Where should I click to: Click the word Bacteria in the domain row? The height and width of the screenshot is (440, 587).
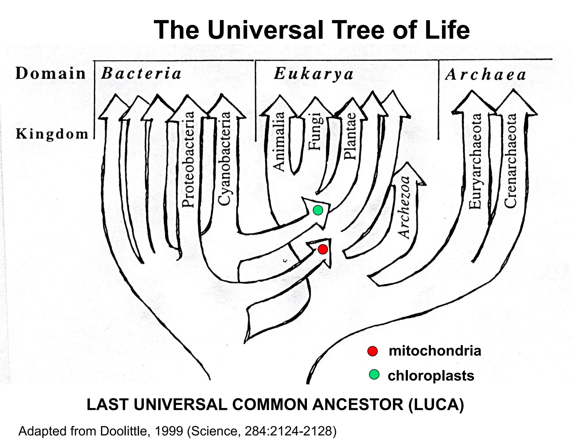(141, 74)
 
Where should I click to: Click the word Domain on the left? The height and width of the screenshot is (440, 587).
(50, 73)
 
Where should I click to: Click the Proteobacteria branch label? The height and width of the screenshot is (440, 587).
(189, 159)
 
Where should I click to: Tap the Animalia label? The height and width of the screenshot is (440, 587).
(278, 142)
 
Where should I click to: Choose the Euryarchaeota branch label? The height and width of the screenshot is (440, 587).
(475, 161)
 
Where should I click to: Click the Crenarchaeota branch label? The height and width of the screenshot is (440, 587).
(510, 160)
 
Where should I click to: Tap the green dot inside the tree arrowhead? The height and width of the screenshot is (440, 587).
(318, 211)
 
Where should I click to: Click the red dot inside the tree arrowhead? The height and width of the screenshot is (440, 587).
(323, 250)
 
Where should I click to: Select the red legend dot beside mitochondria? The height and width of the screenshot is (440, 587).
(372, 351)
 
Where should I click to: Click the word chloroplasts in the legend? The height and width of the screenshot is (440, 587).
(431, 376)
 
